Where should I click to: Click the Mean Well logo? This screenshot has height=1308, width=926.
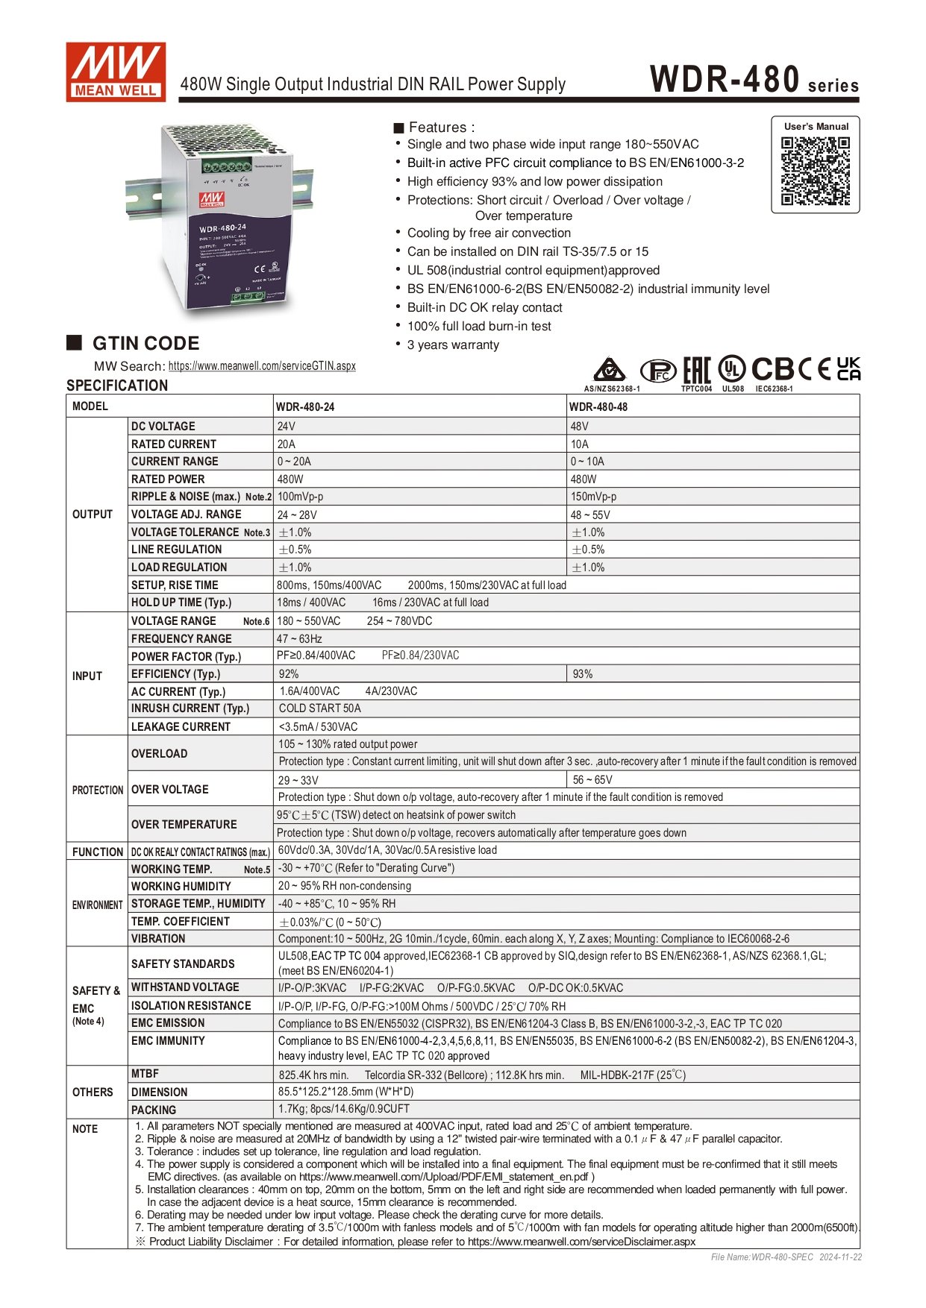pos(116,72)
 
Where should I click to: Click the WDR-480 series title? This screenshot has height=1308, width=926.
pos(754,80)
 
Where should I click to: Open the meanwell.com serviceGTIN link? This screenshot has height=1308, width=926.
pos(262,366)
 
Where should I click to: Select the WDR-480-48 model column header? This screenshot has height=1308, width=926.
pos(598,407)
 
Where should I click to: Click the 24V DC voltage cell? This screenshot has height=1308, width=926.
pos(287,427)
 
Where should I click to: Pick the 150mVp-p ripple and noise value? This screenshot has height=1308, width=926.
pos(593,497)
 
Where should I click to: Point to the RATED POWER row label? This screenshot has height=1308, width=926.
pos(168,480)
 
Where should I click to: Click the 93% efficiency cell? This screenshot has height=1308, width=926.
pos(583,674)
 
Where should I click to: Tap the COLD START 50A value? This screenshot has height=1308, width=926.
pos(319,708)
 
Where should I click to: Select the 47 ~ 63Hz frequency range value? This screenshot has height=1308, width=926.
pos(299,639)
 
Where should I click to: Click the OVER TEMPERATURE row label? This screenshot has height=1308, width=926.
pos(184,824)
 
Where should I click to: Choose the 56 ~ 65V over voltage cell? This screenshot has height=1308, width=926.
pos(592,780)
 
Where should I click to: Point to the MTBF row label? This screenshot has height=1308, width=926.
pos(145,1074)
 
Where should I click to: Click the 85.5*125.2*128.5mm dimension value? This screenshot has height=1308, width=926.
pos(345,1092)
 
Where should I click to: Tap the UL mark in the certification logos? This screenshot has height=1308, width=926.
pos(732,369)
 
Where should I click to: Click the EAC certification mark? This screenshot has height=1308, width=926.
pos(697,370)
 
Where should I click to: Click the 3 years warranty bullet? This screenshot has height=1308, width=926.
pos(453,345)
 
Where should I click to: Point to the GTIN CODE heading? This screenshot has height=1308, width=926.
pos(146,344)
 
